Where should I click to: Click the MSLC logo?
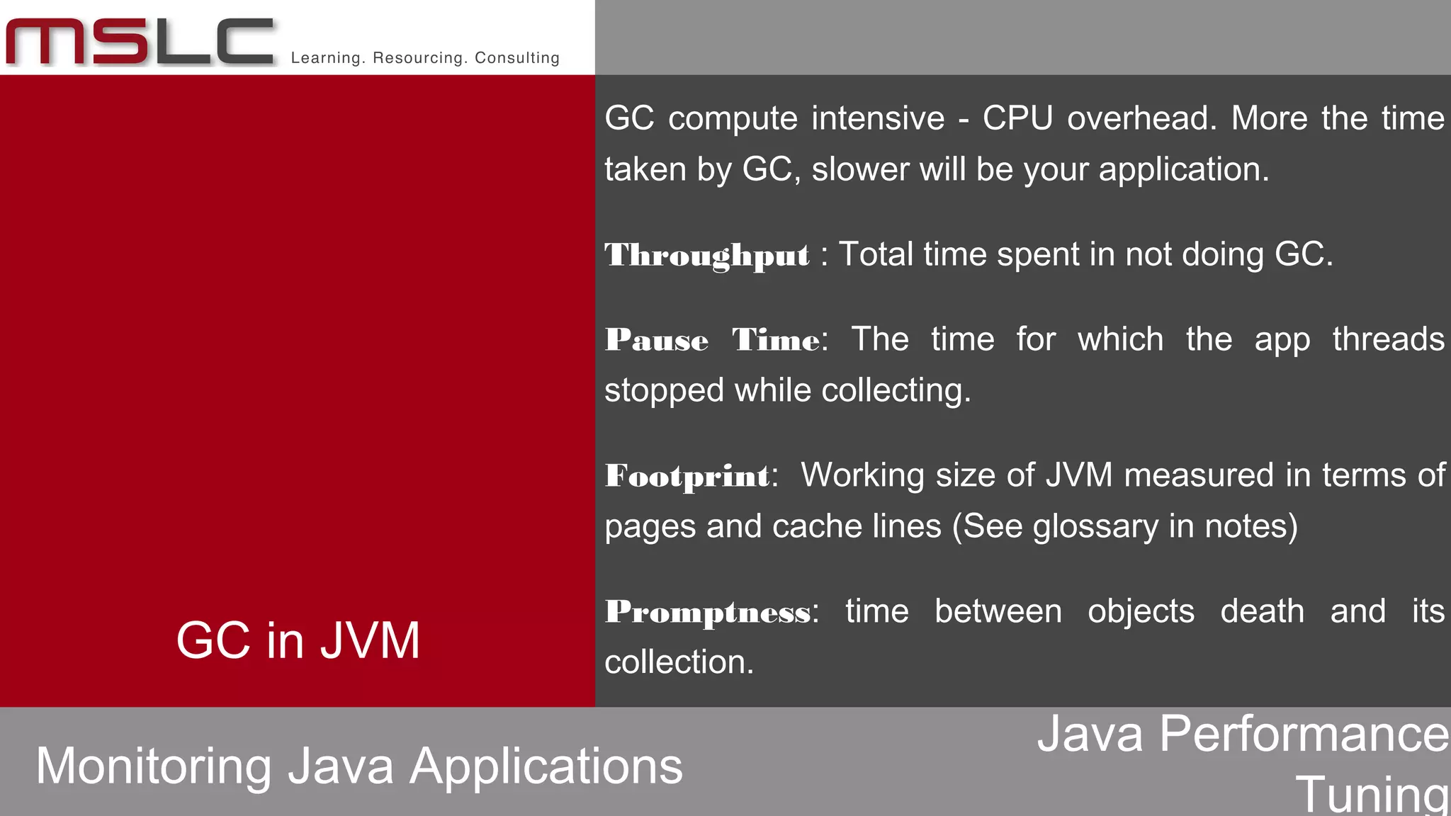pos(140,42)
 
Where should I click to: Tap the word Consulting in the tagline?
pos(517,58)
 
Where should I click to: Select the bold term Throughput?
pos(706,256)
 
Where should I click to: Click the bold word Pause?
pos(657,341)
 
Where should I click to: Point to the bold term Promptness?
pos(708,612)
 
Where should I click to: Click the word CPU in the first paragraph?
pos(1017,118)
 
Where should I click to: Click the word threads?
pos(1387,339)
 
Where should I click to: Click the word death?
pos(1262,611)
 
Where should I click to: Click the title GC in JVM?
pos(298,640)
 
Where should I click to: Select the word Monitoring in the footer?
pos(153,766)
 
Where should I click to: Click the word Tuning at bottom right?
pos(1372,793)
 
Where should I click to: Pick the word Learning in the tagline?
pos(327,58)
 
